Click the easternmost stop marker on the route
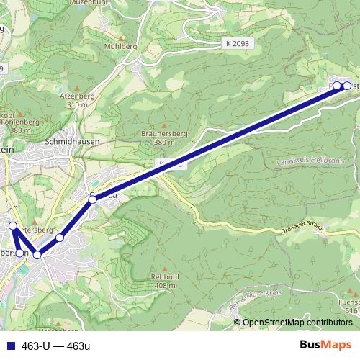pos(347,86)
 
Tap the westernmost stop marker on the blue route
pos(12,226)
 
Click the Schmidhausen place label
pos(71,142)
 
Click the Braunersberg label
pos(164,133)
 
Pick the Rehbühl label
pos(166,277)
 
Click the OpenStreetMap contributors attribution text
pos(297,323)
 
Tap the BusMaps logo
pos(325,345)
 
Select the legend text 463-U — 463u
pos(56,345)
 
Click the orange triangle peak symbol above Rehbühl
pos(165,267)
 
